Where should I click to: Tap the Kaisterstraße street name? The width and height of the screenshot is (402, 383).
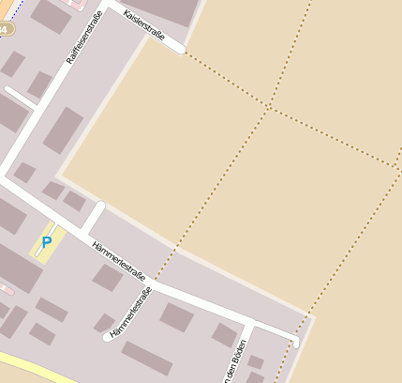coord(144,25)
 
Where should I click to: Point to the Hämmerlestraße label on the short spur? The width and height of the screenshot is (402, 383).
coord(131,314)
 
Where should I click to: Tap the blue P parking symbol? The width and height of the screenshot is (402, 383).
coord(46,242)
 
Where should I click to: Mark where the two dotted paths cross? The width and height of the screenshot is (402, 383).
coord(269,106)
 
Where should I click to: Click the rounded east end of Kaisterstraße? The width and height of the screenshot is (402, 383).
coord(181,49)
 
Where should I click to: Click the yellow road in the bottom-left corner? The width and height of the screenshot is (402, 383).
coord(37,368)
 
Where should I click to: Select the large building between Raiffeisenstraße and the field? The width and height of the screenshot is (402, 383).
coord(64,130)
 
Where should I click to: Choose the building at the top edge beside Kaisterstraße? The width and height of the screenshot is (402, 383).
coord(167,9)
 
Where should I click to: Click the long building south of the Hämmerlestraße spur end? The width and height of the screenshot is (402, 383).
coord(147,358)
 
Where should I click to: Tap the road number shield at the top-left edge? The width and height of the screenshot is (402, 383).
coord(6,29)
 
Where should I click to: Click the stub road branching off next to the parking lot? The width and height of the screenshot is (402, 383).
coord(93,217)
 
